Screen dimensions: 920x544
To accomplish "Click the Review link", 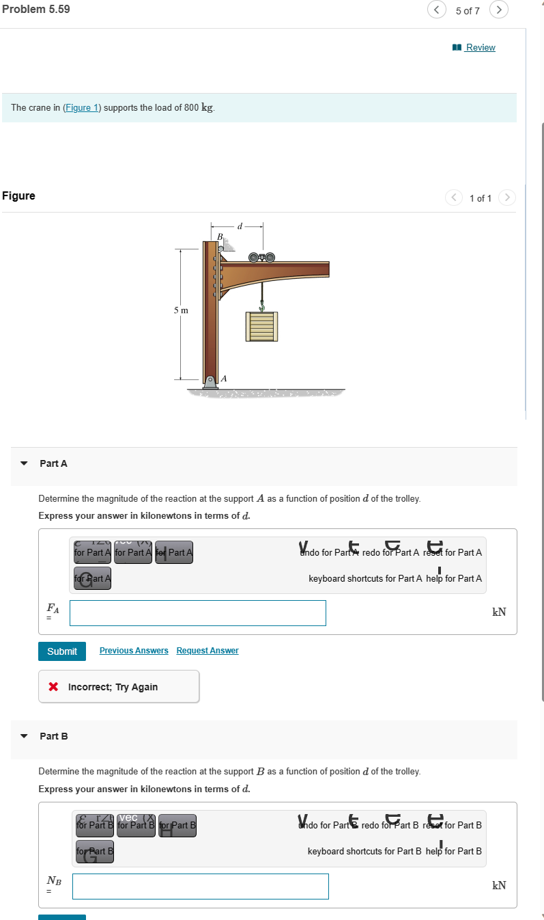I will [480, 47].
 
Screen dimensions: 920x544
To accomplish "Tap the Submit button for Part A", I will [62, 651].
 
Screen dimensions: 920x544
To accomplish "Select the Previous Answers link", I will [134, 651].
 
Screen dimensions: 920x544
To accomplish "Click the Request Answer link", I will [207, 651].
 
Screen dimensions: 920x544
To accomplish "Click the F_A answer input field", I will [197, 613].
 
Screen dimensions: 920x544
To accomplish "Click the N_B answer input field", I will [200, 887].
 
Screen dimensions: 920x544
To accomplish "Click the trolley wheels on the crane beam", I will [261, 258].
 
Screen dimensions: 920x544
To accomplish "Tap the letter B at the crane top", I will [219, 236].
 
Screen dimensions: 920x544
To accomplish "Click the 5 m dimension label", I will [180, 310].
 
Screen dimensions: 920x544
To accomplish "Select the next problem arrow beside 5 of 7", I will [500, 10].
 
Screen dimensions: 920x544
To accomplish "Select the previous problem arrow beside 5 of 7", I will [437, 10].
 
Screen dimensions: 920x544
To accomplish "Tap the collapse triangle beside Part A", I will [25, 463].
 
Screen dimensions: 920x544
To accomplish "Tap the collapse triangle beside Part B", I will [25, 736].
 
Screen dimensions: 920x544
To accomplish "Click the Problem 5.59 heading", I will [35, 10].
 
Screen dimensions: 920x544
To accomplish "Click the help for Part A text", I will [454, 578].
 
